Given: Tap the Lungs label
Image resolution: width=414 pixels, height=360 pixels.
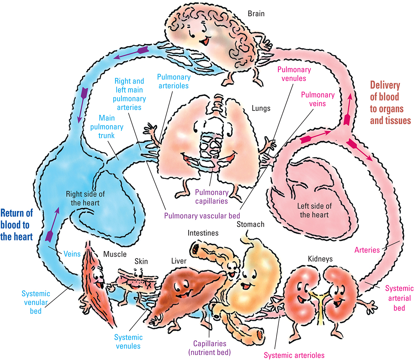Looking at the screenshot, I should [x=261, y=108].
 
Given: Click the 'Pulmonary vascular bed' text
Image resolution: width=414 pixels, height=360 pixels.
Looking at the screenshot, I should [x=202, y=215].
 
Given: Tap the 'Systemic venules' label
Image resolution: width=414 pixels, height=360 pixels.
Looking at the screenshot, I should [x=128, y=341].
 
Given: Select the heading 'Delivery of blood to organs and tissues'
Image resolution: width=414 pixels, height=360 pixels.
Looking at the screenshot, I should [x=390, y=103].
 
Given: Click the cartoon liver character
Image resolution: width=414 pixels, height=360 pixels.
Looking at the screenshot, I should [x=185, y=284].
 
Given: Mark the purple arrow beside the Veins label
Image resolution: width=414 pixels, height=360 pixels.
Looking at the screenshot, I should [x=52, y=227].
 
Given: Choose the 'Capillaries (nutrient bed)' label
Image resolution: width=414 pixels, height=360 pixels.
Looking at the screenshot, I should [x=210, y=347].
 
